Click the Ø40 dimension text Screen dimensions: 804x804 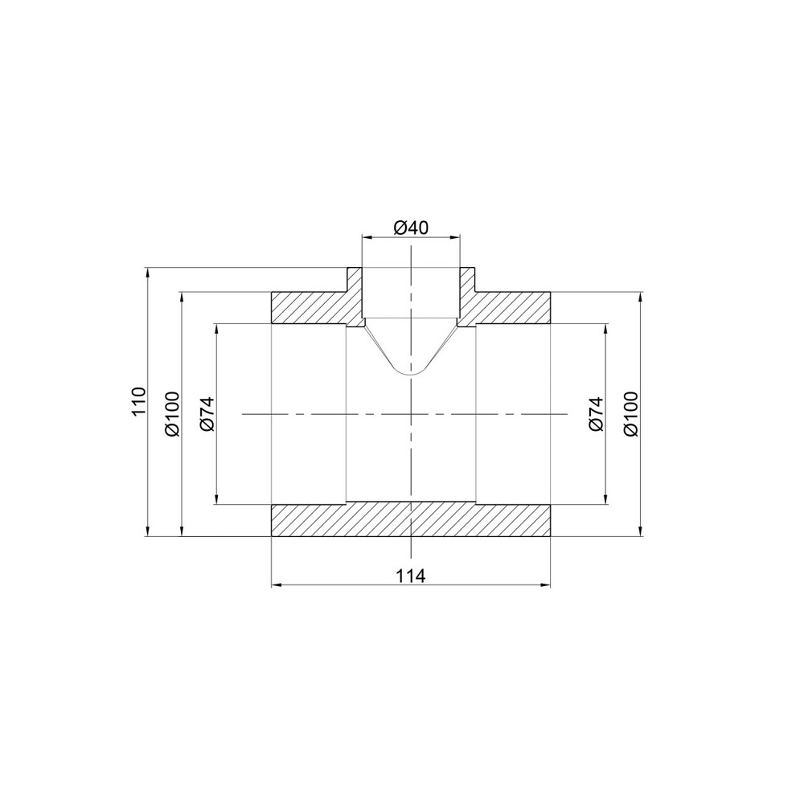(410, 228)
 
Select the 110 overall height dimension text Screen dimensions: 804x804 (138, 401)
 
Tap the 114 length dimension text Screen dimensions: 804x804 (411, 575)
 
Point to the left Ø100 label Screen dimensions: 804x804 (172, 413)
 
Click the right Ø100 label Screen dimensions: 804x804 (630, 413)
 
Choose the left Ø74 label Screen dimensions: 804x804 (206, 414)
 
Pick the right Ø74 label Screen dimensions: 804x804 (596, 414)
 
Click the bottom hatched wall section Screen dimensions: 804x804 (411, 520)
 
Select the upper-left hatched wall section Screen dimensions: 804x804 (310, 306)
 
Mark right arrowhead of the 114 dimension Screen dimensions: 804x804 (548, 585)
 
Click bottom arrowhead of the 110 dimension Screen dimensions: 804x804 (148, 531)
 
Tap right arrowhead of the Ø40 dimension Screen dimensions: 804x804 (456, 237)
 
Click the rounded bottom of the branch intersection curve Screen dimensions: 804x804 (411, 375)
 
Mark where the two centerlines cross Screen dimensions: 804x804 (411, 414)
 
